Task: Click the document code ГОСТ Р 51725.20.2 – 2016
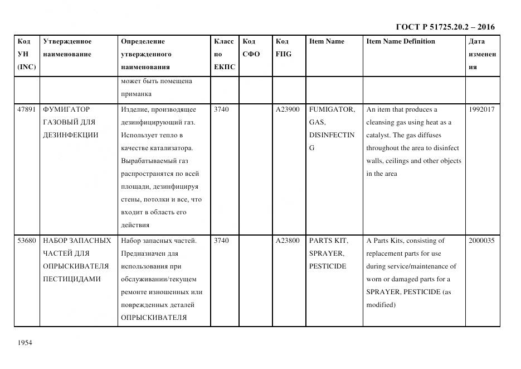[445, 27]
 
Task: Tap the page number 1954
[25, 343]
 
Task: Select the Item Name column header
[327, 41]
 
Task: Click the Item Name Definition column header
[400, 41]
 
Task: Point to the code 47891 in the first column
[27, 109]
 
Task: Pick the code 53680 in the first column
[27, 241]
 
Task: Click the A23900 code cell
[288, 109]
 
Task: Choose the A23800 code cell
[288, 241]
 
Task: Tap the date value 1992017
[481, 109]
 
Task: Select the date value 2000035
[481, 241]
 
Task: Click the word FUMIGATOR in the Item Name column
[332, 109]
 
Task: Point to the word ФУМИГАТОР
[66, 109]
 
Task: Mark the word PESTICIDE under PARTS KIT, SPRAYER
[328, 266]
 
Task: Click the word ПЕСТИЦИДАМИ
[71, 279]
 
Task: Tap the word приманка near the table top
[136, 94]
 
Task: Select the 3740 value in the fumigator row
[221, 109]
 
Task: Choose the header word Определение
[143, 41]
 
